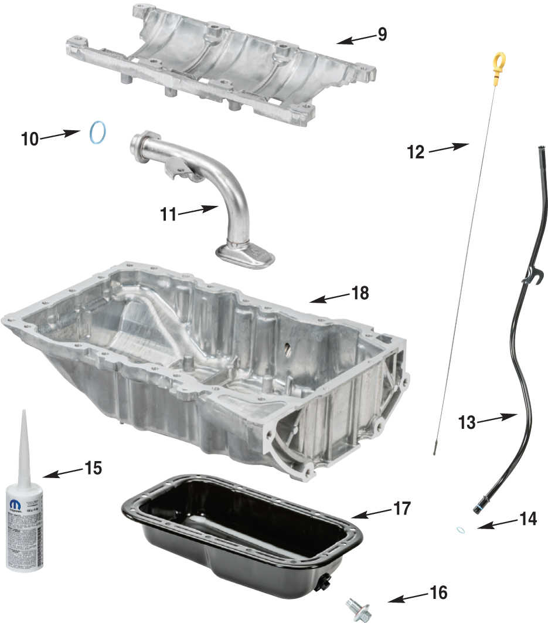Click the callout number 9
point(382,34)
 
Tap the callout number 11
point(168,215)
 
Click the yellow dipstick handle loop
point(499,60)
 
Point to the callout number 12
point(415,152)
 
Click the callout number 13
point(467,422)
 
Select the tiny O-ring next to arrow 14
point(461,530)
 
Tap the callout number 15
point(93,468)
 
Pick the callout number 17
point(402,508)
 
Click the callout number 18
point(360,292)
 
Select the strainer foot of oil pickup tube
point(245,255)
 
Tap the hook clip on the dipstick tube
point(532,275)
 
